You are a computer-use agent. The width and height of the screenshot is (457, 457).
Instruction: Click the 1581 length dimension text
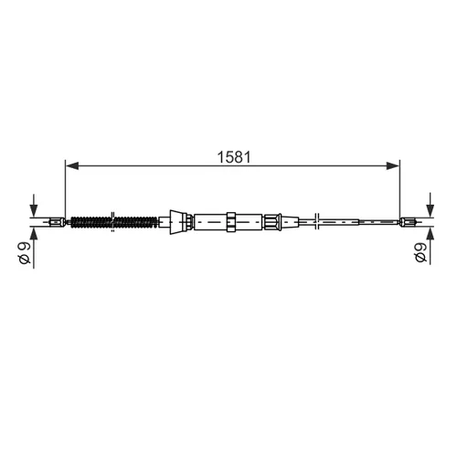coord(234,157)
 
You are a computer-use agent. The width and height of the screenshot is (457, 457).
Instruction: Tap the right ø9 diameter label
coord(420,252)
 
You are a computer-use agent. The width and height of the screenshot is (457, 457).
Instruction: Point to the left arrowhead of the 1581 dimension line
coord(72,165)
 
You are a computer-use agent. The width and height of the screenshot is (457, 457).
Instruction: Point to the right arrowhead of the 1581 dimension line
coord(392,165)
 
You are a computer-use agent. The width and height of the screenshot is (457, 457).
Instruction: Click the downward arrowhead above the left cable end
coord(34,210)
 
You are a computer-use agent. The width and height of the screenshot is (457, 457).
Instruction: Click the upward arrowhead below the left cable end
coord(34,233)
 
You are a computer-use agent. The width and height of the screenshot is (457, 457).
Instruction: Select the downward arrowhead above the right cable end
coord(430,210)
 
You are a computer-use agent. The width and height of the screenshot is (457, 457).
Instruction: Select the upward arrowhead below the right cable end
coord(430,233)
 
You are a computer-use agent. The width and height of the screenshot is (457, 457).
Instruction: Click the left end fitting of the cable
coord(57,222)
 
